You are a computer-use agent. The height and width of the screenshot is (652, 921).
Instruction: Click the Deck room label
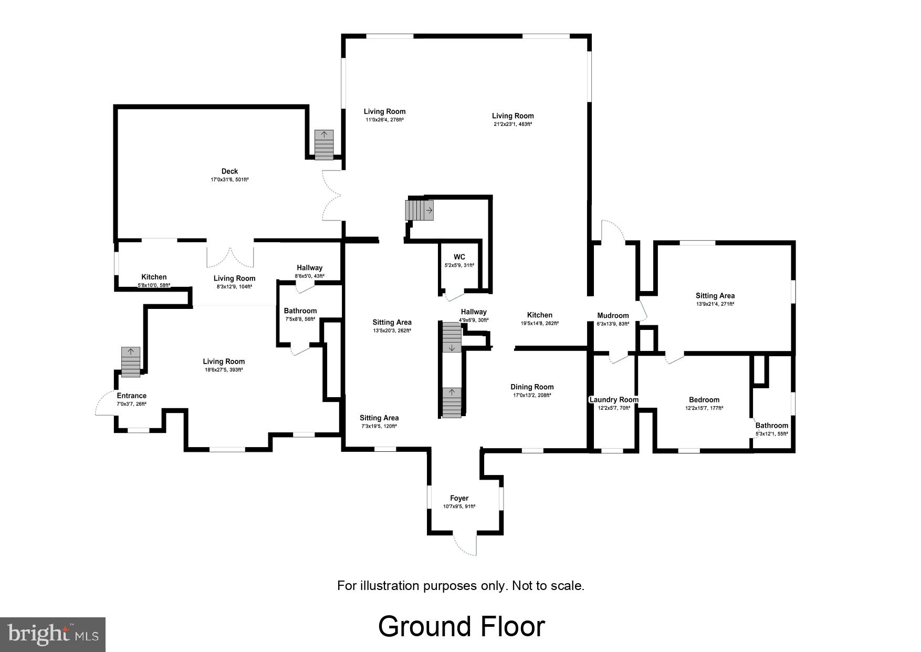[x=229, y=171]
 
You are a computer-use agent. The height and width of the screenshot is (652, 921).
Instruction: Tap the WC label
[x=459, y=257]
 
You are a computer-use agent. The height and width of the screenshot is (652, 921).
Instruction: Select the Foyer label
[x=459, y=498]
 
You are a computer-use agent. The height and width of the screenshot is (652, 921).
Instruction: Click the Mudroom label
[x=613, y=316]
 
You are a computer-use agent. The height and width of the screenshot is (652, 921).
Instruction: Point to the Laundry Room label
[x=614, y=400]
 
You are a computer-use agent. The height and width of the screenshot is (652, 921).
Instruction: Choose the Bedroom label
[x=704, y=400]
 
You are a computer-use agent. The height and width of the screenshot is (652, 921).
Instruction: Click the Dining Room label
[x=532, y=387]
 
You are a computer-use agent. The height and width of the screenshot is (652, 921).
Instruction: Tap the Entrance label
[x=131, y=396]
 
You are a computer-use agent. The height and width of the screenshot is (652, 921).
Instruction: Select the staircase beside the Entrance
[x=131, y=362]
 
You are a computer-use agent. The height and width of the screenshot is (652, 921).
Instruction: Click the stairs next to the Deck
[x=324, y=144]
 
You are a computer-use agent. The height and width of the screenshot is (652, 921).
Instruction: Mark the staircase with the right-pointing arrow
[x=419, y=211]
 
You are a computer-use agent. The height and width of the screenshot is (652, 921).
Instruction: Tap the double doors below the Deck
[x=230, y=256]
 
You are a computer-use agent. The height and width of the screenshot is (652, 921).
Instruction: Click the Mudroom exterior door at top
[x=612, y=231]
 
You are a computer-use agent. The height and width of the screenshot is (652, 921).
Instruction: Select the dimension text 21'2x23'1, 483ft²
[x=512, y=125]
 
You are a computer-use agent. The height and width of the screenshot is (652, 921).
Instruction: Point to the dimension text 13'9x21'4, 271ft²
[x=715, y=304]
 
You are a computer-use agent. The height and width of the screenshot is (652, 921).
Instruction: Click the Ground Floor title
[x=461, y=627]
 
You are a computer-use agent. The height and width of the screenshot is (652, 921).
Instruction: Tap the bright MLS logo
[x=53, y=634]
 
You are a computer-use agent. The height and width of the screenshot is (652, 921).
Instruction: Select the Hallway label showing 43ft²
[x=309, y=268]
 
